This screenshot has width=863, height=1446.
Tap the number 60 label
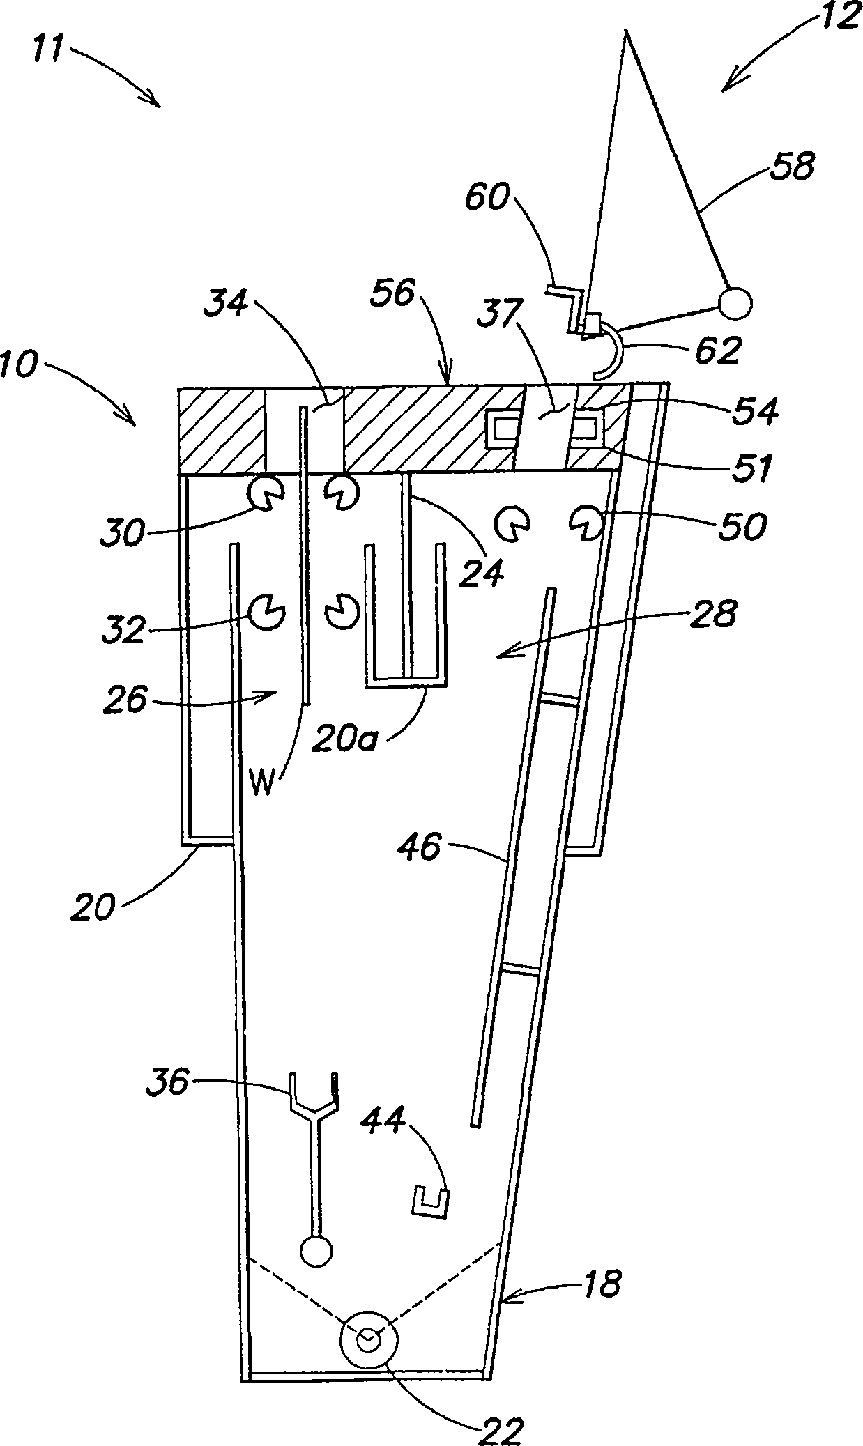488,198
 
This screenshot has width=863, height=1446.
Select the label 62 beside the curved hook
718,351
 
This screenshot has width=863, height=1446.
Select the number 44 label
383,1120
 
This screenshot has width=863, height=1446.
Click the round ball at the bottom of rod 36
316,1251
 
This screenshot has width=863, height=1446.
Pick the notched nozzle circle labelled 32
267,612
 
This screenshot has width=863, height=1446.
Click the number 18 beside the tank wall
602,1283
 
